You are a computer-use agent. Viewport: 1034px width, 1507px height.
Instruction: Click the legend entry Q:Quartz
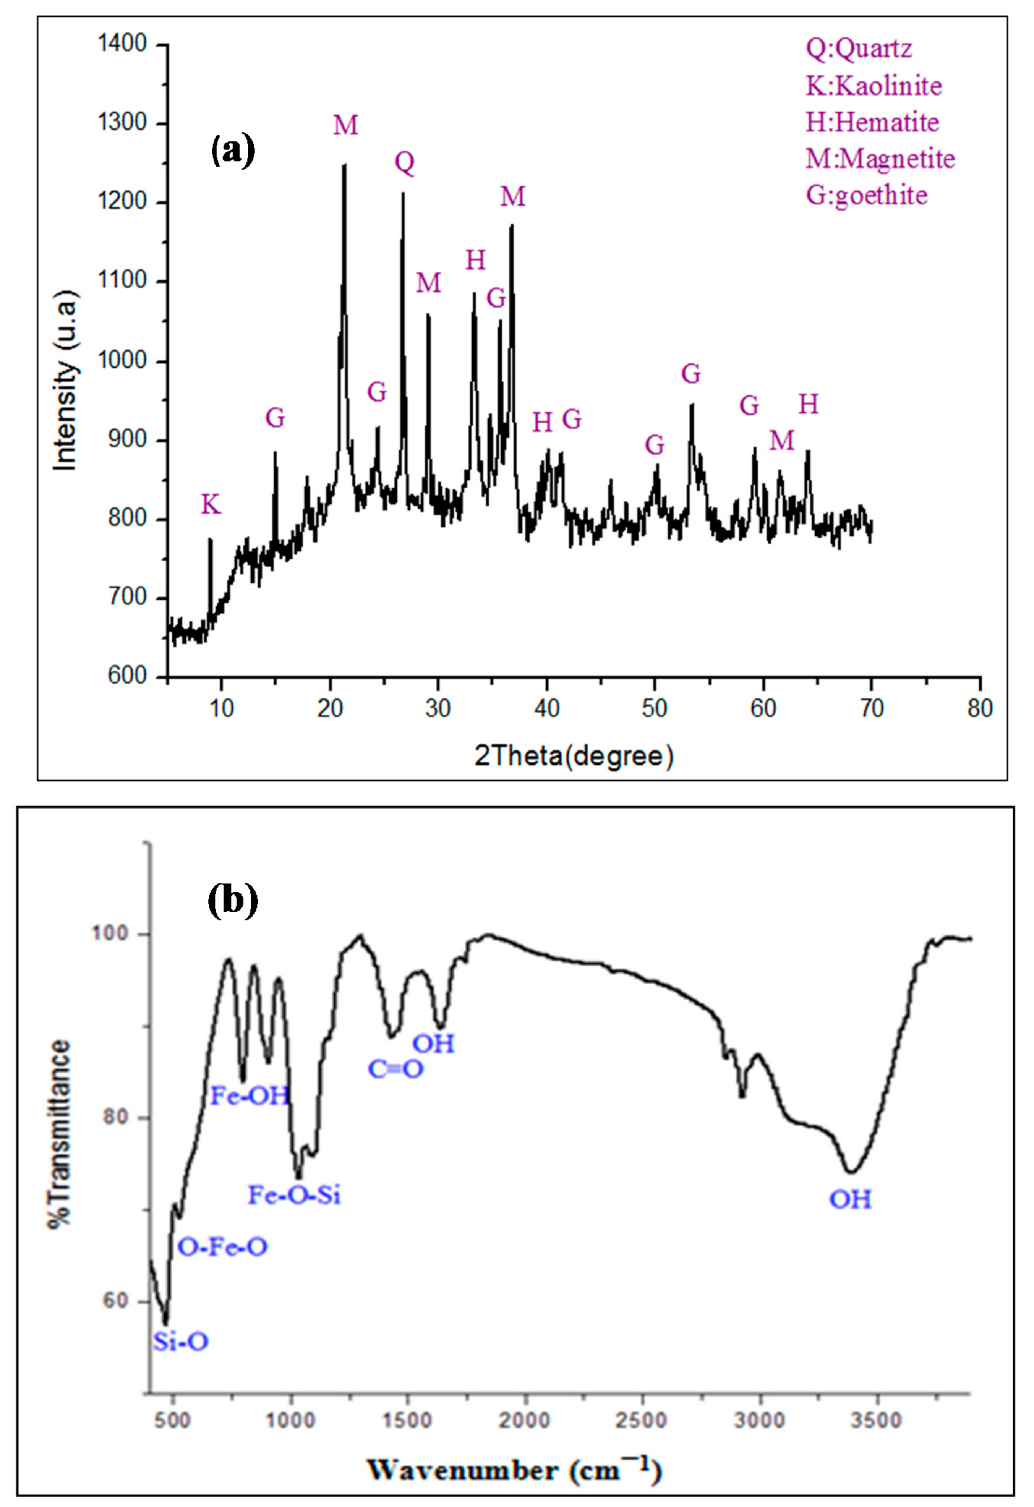tap(859, 49)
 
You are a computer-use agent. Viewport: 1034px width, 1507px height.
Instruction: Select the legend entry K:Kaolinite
tap(873, 86)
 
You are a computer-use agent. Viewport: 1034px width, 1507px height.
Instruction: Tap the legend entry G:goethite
tap(867, 194)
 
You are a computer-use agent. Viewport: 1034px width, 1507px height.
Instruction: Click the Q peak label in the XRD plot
tap(405, 163)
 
